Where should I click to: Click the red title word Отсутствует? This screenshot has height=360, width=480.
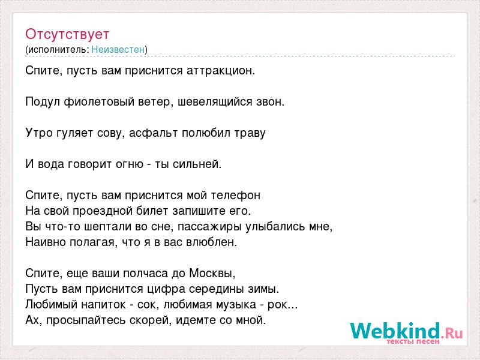click(x=67, y=34)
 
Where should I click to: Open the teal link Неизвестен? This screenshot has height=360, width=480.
click(x=118, y=49)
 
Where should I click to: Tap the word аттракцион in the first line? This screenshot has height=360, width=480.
click(x=220, y=71)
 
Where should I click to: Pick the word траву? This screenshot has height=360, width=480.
click(x=250, y=133)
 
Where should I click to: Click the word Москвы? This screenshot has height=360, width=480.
click(x=212, y=273)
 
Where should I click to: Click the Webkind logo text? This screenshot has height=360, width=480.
click(x=406, y=331)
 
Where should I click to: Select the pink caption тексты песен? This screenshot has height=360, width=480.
click(x=413, y=341)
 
